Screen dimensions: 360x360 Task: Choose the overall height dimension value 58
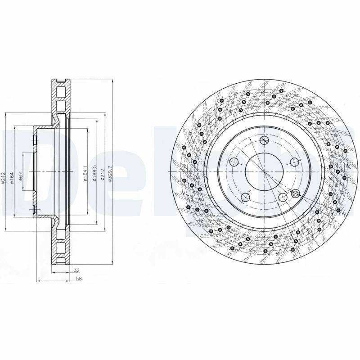click(79, 279)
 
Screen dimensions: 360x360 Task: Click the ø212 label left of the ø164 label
click(3, 179)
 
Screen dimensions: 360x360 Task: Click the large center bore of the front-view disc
click(264, 171)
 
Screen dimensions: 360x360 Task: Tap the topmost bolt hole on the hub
click(264, 140)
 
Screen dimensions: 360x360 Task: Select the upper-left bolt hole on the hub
click(234, 162)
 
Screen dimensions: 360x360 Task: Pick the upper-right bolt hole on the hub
click(294, 162)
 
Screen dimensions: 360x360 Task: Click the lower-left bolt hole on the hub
click(245, 197)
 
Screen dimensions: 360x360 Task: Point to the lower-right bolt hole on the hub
click(282, 197)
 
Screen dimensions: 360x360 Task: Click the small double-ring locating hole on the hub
click(296, 193)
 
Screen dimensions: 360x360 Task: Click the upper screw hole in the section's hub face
click(35, 140)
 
